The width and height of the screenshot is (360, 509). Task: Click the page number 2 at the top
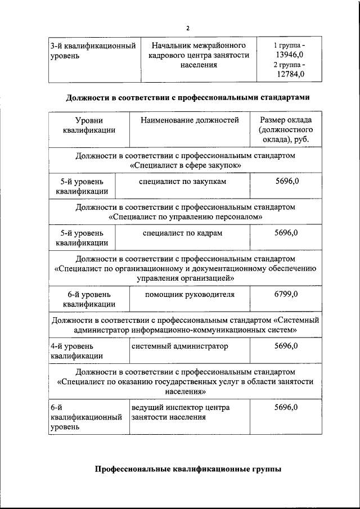188,28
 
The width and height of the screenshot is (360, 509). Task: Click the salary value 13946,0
289,54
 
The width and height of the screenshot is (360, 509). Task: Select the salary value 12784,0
289,74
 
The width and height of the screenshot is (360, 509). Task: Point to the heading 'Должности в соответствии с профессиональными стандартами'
187,97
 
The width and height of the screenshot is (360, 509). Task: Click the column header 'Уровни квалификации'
89,125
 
